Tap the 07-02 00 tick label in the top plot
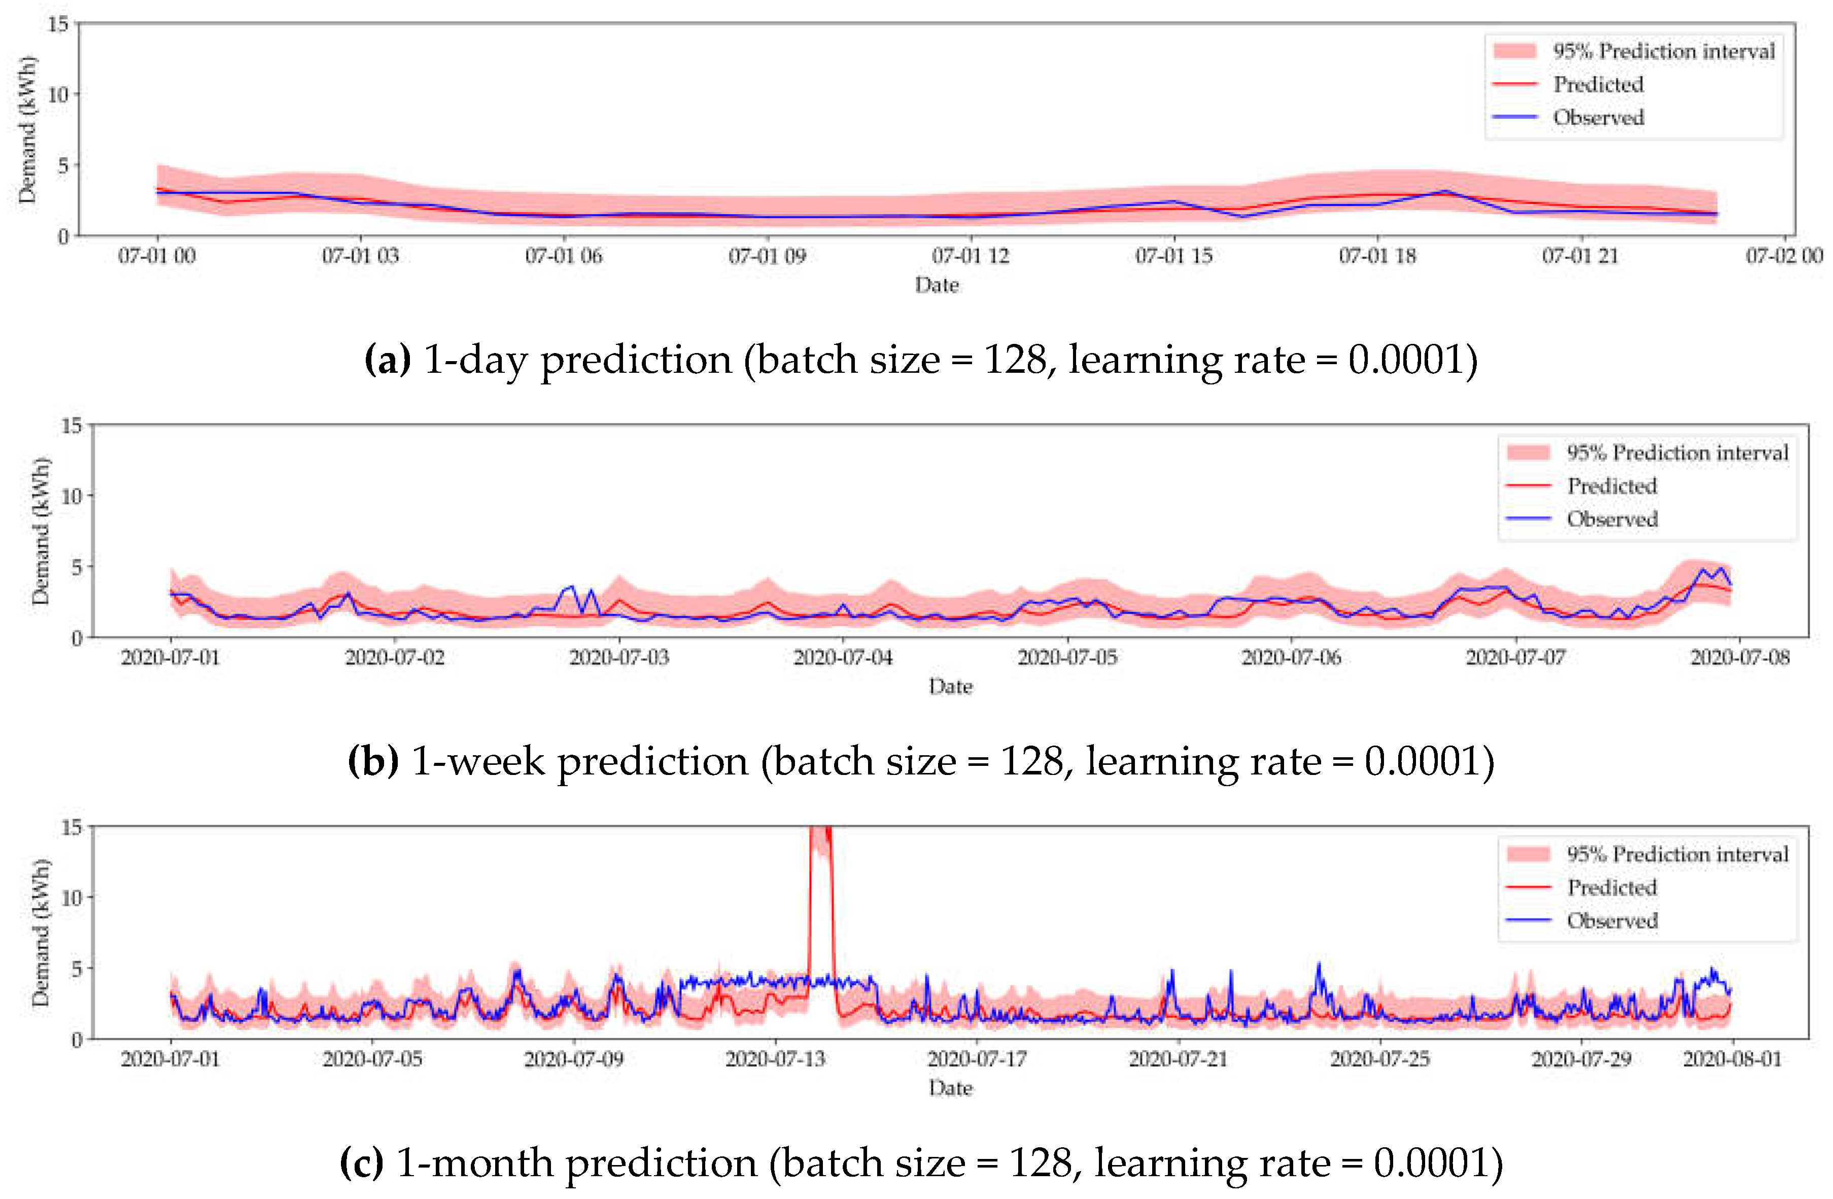click(x=1783, y=256)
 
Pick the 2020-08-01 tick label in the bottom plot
click(x=1732, y=1059)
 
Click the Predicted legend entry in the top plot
click(x=1597, y=84)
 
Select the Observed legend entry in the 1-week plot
click(x=1611, y=519)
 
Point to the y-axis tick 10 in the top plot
click(x=58, y=95)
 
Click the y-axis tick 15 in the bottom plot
click(x=72, y=828)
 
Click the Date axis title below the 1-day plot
click(x=937, y=285)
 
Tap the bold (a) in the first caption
click(x=388, y=360)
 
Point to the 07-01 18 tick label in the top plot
click(x=1377, y=256)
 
